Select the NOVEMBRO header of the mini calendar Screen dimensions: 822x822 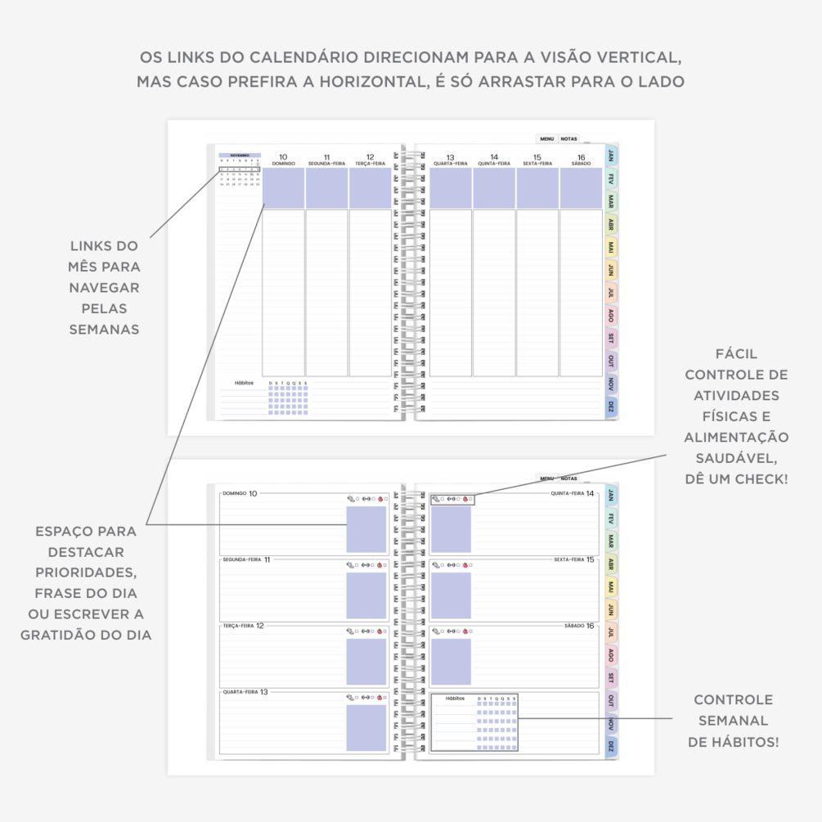coord(240,155)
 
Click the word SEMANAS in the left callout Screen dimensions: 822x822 coord(104,329)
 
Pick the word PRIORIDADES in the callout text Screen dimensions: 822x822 coord(86,573)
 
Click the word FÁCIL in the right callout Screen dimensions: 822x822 coord(736,354)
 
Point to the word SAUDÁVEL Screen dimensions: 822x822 coord(736,457)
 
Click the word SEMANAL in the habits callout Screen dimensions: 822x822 coord(734,721)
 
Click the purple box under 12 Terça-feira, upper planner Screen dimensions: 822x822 coord(371,188)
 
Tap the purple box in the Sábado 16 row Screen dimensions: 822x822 coord(451,662)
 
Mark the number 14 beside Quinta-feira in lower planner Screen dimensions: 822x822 coord(590,493)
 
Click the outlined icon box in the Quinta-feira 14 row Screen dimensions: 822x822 coord(451,498)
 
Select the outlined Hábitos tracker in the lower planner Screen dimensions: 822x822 coord(475,722)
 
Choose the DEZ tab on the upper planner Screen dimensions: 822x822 coord(611,407)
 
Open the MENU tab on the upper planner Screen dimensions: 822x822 coord(546,139)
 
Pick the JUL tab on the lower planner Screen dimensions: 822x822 coord(611,631)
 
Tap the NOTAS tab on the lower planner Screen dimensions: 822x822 coord(569,478)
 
